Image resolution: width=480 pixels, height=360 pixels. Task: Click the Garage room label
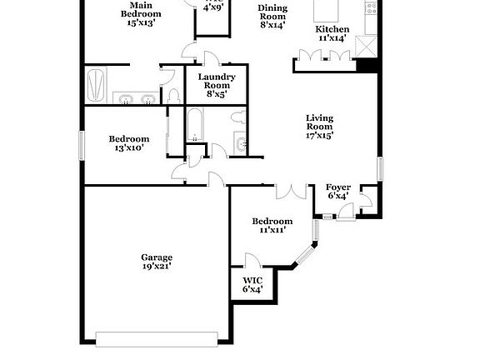(x=156, y=257)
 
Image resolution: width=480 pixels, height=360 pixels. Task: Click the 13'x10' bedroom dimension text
(x=128, y=148)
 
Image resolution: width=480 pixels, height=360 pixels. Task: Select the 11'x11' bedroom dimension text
(x=272, y=230)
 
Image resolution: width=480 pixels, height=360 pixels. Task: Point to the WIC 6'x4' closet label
(x=252, y=285)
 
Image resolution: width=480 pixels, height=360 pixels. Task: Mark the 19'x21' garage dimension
(x=156, y=267)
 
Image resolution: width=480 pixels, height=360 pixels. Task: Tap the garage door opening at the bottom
(x=157, y=337)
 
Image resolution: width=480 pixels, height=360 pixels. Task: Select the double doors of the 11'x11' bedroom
(x=291, y=190)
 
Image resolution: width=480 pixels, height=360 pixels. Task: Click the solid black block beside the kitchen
(x=366, y=66)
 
